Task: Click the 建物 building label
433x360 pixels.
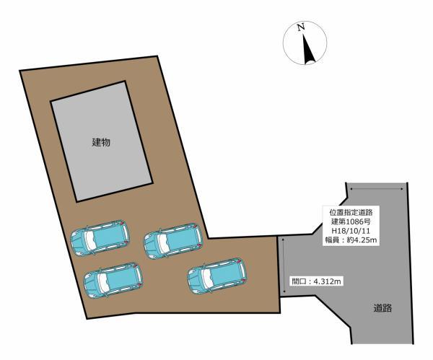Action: click(x=101, y=142)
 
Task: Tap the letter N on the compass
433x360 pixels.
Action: click(x=301, y=27)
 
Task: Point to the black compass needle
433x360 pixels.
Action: click(x=308, y=48)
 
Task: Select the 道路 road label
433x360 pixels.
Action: click(x=382, y=308)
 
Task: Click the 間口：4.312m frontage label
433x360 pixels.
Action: click(x=317, y=281)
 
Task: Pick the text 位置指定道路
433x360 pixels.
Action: click(x=351, y=212)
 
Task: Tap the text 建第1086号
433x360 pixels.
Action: click(x=351, y=221)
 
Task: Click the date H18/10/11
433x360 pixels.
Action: click(x=351, y=230)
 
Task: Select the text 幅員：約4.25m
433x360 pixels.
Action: click(x=351, y=240)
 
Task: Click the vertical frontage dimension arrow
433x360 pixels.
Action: click(x=284, y=266)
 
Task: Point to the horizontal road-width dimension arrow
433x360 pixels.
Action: click(x=377, y=189)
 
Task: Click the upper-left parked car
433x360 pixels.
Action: click(x=100, y=238)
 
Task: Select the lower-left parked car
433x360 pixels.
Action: click(x=113, y=281)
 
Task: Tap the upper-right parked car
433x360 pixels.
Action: click(x=173, y=241)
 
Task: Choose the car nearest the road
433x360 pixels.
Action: click(x=218, y=276)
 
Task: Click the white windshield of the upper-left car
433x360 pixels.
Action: click(x=89, y=240)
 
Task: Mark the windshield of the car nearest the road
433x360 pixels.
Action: click(x=207, y=278)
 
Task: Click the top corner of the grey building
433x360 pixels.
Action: click(x=126, y=82)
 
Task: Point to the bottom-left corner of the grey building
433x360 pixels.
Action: click(x=76, y=201)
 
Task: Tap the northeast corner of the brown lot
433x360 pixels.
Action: click(x=157, y=56)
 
